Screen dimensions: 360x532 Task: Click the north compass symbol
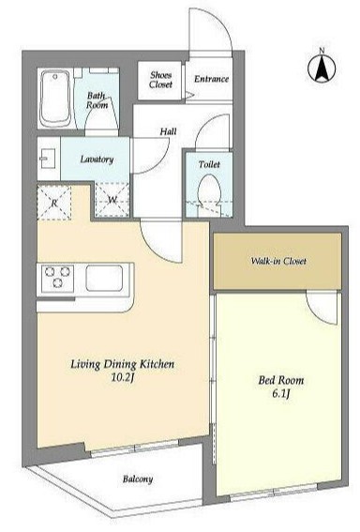click(x=322, y=68)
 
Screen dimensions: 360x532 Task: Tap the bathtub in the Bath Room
click(x=56, y=99)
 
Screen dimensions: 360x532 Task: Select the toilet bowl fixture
click(x=209, y=190)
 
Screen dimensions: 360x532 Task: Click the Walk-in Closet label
click(x=278, y=261)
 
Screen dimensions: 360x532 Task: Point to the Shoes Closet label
click(x=160, y=80)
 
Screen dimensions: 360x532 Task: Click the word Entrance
click(x=211, y=79)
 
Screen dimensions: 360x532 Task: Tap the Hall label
click(x=168, y=131)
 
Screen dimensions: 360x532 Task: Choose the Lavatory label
click(x=97, y=160)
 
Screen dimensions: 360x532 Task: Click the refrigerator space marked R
click(x=54, y=203)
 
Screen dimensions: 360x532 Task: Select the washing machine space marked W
click(x=112, y=200)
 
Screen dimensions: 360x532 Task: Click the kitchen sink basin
click(x=104, y=279)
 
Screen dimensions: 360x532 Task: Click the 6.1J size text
click(x=281, y=393)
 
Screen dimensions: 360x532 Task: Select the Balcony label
click(x=138, y=479)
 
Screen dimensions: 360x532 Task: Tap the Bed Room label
click(x=281, y=380)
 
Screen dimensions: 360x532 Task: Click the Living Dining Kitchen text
click(x=123, y=364)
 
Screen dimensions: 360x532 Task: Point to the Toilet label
click(x=209, y=164)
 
